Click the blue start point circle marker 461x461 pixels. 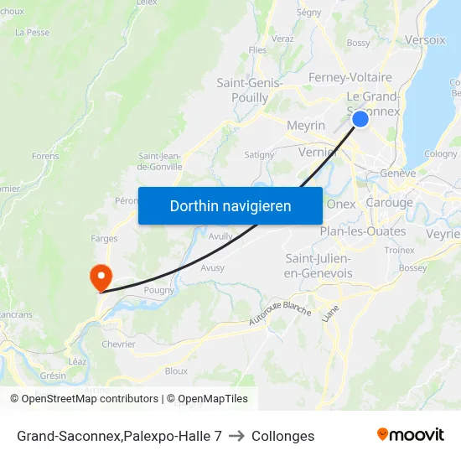point(360,119)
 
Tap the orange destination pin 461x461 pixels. point(100,276)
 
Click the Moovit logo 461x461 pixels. point(410,435)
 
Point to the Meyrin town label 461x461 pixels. point(305,125)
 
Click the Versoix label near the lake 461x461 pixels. point(425,39)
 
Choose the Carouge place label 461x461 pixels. point(389,203)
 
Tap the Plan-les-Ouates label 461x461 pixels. point(363,231)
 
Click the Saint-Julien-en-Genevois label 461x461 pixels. point(318,266)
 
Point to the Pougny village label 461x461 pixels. point(158,289)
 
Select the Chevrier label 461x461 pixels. point(118,344)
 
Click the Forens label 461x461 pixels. point(45,156)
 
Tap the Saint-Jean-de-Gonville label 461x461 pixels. point(159,160)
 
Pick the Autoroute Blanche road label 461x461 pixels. point(280,313)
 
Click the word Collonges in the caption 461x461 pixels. point(283,436)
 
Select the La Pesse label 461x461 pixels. point(33,33)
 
